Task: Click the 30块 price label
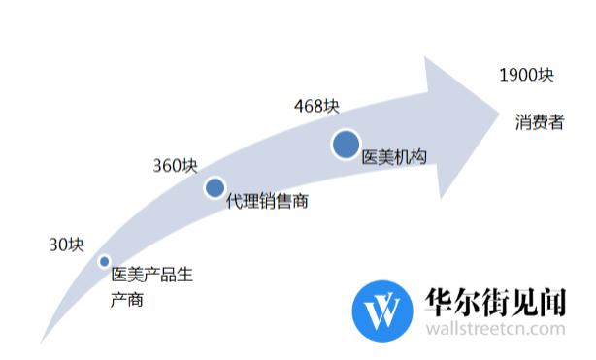tap(67, 245)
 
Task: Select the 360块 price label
tap(175, 165)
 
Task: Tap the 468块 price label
tap(316, 105)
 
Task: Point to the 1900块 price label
tap(526, 75)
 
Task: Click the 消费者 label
tap(539, 124)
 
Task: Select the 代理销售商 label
tap(267, 202)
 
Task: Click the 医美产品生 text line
tap(153, 275)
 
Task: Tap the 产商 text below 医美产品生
tap(128, 300)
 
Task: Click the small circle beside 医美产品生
tap(104, 261)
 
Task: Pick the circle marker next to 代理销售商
tap(215, 187)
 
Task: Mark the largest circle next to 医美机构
tap(346, 145)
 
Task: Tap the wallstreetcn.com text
tap(495, 330)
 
